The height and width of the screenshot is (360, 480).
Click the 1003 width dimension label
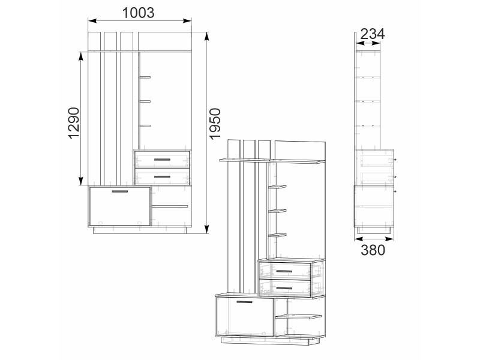(139, 13)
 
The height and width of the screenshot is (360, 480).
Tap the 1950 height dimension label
(215, 124)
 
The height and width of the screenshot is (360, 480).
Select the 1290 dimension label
(74, 123)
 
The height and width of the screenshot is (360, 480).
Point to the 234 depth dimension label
(372, 34)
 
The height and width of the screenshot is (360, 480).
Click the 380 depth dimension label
(373, 250)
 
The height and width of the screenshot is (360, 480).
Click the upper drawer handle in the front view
(162, 160)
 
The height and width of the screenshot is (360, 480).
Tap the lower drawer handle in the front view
(162, 176)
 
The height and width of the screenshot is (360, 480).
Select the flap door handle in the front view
(120, 191)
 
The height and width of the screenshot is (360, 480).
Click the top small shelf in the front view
(145, 77)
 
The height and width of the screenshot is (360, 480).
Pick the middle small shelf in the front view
(145, 101)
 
